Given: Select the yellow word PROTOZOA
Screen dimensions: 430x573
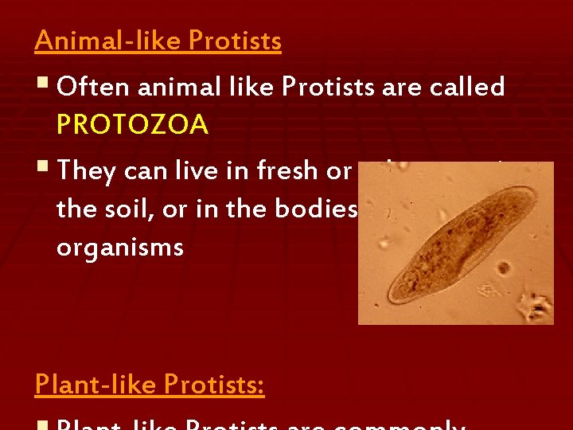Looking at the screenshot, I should [132, 124].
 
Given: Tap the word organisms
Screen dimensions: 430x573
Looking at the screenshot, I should [119, 247].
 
